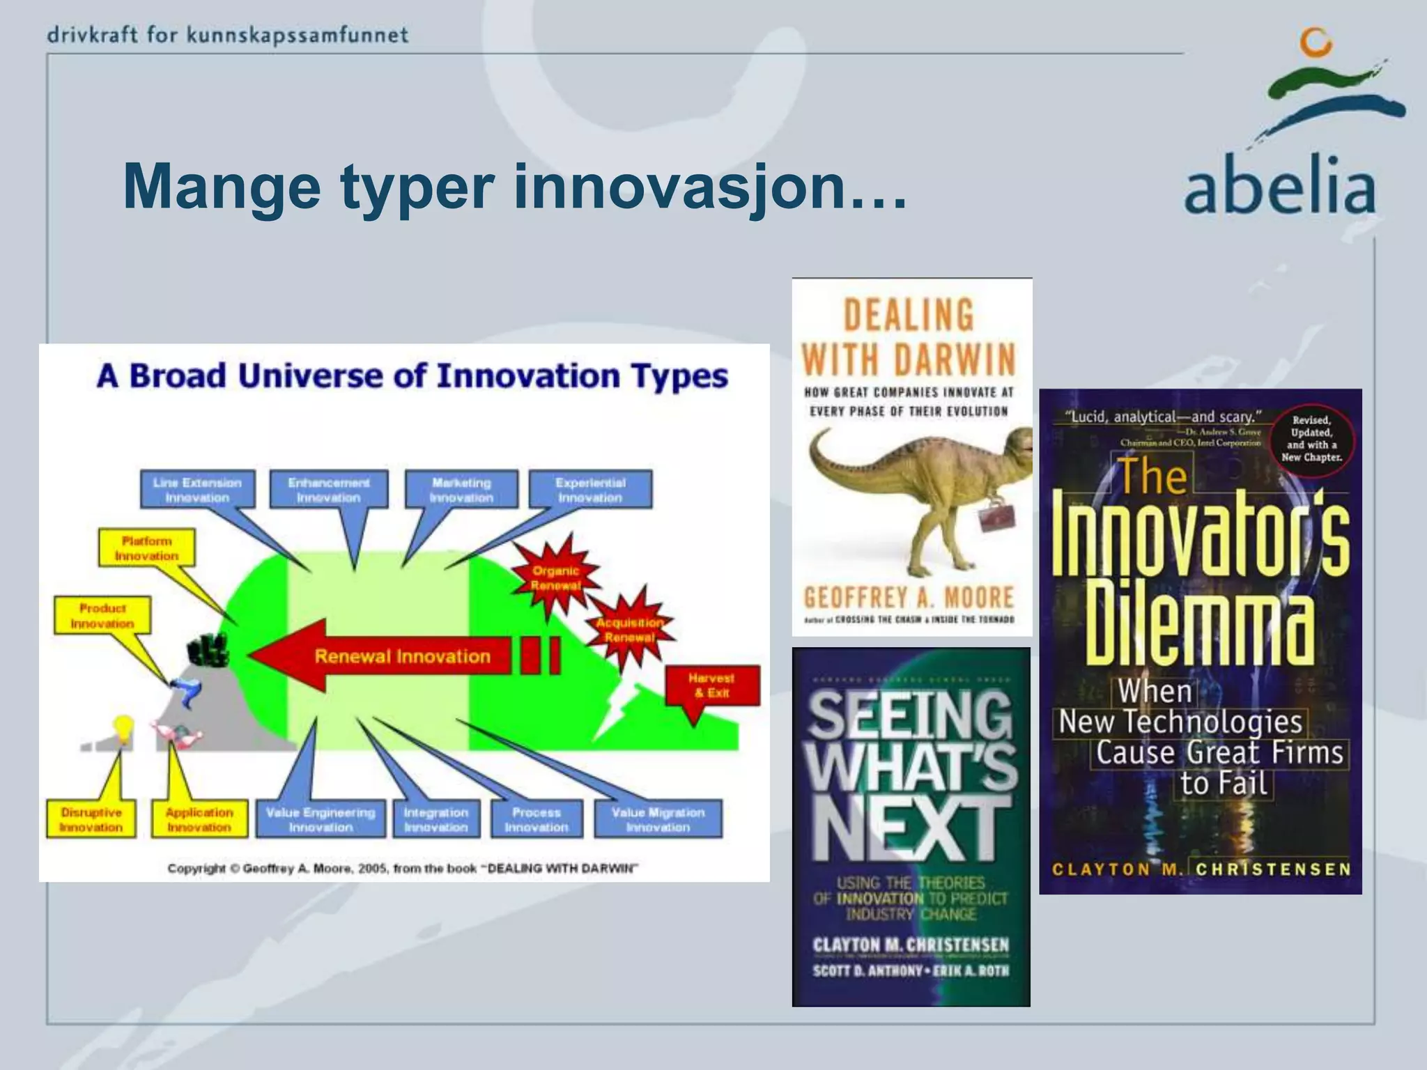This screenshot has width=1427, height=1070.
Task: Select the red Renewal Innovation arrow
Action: (390, 656)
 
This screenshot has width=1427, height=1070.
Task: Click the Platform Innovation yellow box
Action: (146, 548)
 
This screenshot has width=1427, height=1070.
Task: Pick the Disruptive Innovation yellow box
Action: (91, 819)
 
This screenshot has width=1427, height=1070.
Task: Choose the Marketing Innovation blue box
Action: (461, 490)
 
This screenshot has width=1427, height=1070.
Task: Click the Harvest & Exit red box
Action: (711, 685)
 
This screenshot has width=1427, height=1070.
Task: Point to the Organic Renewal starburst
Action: (555, 577)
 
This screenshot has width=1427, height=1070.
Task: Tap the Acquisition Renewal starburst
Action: (629, 629)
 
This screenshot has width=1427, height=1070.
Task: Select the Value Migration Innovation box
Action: (658, 819)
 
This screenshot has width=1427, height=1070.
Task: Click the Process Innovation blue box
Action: (536, 819)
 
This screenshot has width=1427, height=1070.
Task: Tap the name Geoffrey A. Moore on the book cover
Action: (909, 597)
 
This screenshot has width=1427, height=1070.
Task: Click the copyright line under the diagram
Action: (403, 868)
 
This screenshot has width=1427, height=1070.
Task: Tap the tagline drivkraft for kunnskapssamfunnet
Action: (228, 35)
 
